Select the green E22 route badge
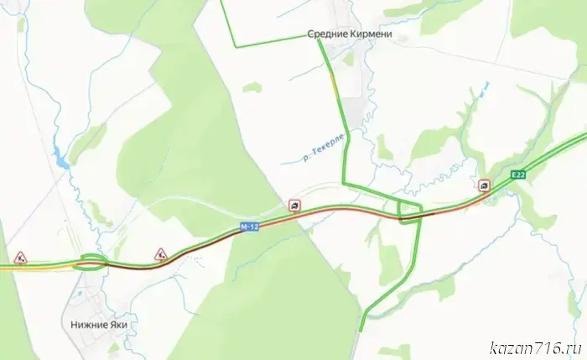pos(520,175)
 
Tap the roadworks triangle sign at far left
pos(20,254)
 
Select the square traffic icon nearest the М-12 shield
pos(294,204)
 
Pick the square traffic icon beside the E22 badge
pos(484,185)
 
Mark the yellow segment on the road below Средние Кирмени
pos(334,85)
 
